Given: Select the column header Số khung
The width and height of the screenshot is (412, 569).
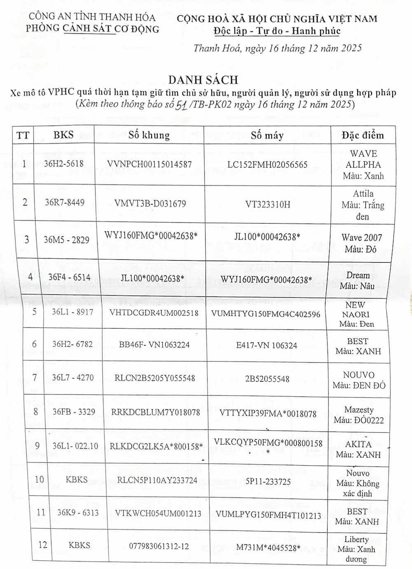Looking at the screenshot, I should click(149, 135).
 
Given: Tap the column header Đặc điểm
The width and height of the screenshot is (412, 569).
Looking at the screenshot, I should click(363, 135).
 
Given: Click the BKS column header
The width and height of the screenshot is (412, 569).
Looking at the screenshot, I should click(63, 135).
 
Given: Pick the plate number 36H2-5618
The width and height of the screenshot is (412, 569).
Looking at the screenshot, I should click(64, 164).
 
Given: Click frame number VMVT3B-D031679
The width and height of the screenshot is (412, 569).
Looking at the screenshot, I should click(146, 203).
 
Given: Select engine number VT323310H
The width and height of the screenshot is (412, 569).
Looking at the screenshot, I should click(268, 204).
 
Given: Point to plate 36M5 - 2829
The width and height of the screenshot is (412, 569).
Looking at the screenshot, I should click(66, 240).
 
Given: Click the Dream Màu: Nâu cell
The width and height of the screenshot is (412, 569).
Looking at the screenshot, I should click(358, 280).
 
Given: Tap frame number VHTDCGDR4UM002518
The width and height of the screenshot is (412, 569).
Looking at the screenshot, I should click(154, 313).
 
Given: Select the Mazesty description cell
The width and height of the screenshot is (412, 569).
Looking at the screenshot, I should click(358, 415).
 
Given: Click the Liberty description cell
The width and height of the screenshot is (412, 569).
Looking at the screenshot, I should click(356, 549).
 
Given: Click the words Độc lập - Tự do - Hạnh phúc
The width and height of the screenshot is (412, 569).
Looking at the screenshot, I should click(277, 31).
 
